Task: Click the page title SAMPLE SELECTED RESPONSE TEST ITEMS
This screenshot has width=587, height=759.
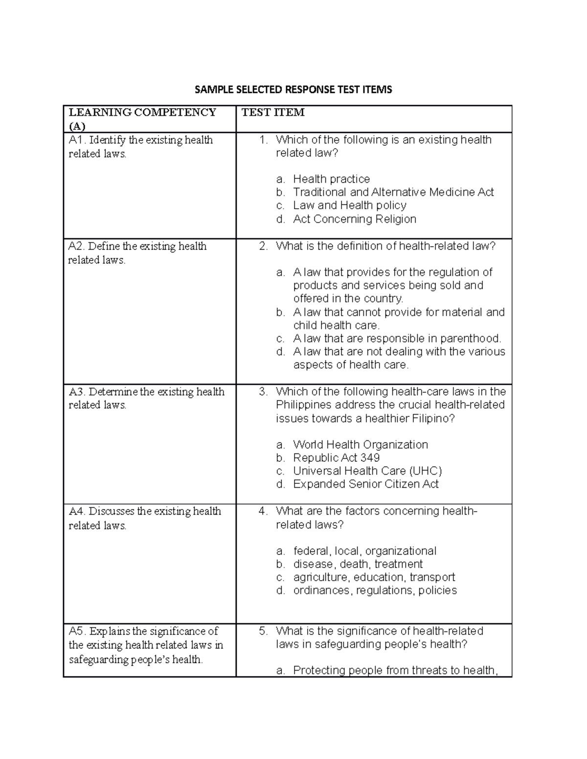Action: (293, 89)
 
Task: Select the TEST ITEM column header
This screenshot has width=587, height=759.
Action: (273, 112)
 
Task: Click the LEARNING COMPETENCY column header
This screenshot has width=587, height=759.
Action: (142, 112)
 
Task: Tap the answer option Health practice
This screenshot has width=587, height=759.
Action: (331, 179)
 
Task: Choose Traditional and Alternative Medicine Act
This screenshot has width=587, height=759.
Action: (393, 192)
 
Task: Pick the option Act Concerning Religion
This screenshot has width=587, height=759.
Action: (355, 219)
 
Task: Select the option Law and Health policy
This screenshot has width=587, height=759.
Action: (350, 205)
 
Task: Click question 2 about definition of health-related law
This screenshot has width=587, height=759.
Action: (385, 246)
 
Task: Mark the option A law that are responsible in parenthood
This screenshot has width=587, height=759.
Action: (397, 338)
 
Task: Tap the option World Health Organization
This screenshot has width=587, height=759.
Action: (361, 445)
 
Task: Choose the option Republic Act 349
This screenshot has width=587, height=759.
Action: (337, 458)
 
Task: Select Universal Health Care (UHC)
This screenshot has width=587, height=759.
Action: (367, 471)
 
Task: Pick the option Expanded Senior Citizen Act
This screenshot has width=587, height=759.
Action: (366, 484)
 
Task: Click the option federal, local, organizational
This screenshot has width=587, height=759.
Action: (364, 551)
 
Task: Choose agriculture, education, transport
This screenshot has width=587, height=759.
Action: (374, 577)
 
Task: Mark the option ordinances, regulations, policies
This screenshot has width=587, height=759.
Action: (375, 590)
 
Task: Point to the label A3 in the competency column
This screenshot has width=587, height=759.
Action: (77, 392)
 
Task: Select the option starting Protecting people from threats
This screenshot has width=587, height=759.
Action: (395, 670)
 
